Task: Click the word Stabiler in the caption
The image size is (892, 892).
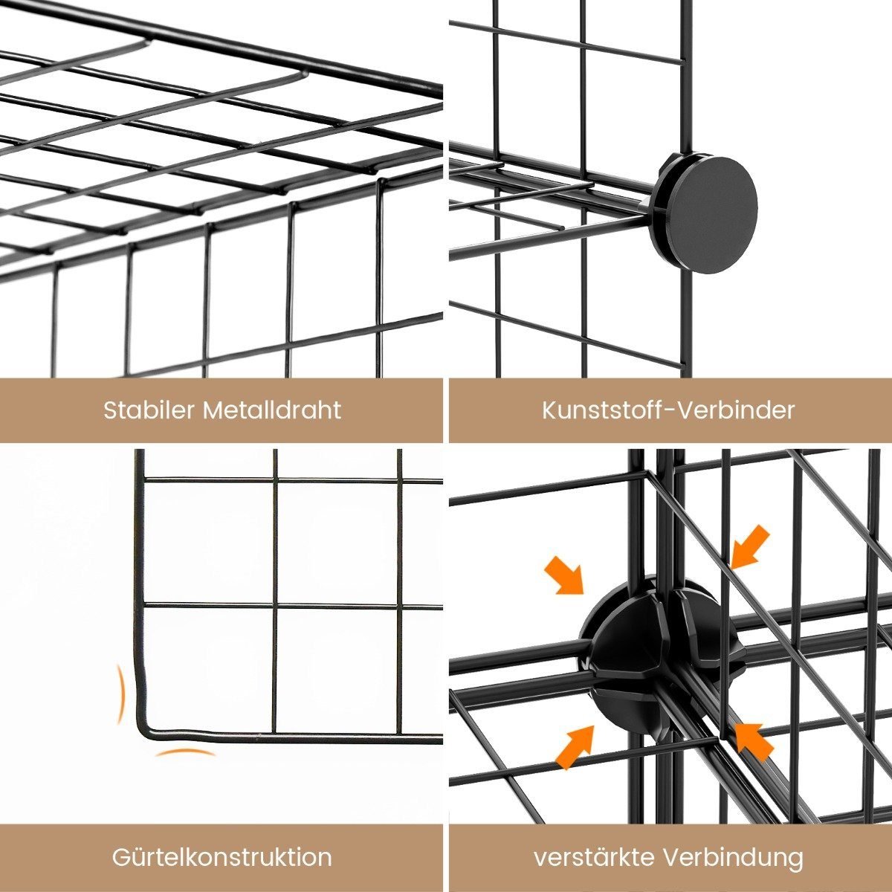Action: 149,410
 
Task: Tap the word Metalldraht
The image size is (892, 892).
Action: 272,410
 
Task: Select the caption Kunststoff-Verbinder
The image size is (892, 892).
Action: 668,410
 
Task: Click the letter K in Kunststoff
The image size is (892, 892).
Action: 549,410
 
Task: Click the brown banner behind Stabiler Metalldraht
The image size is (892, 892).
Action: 222,410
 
